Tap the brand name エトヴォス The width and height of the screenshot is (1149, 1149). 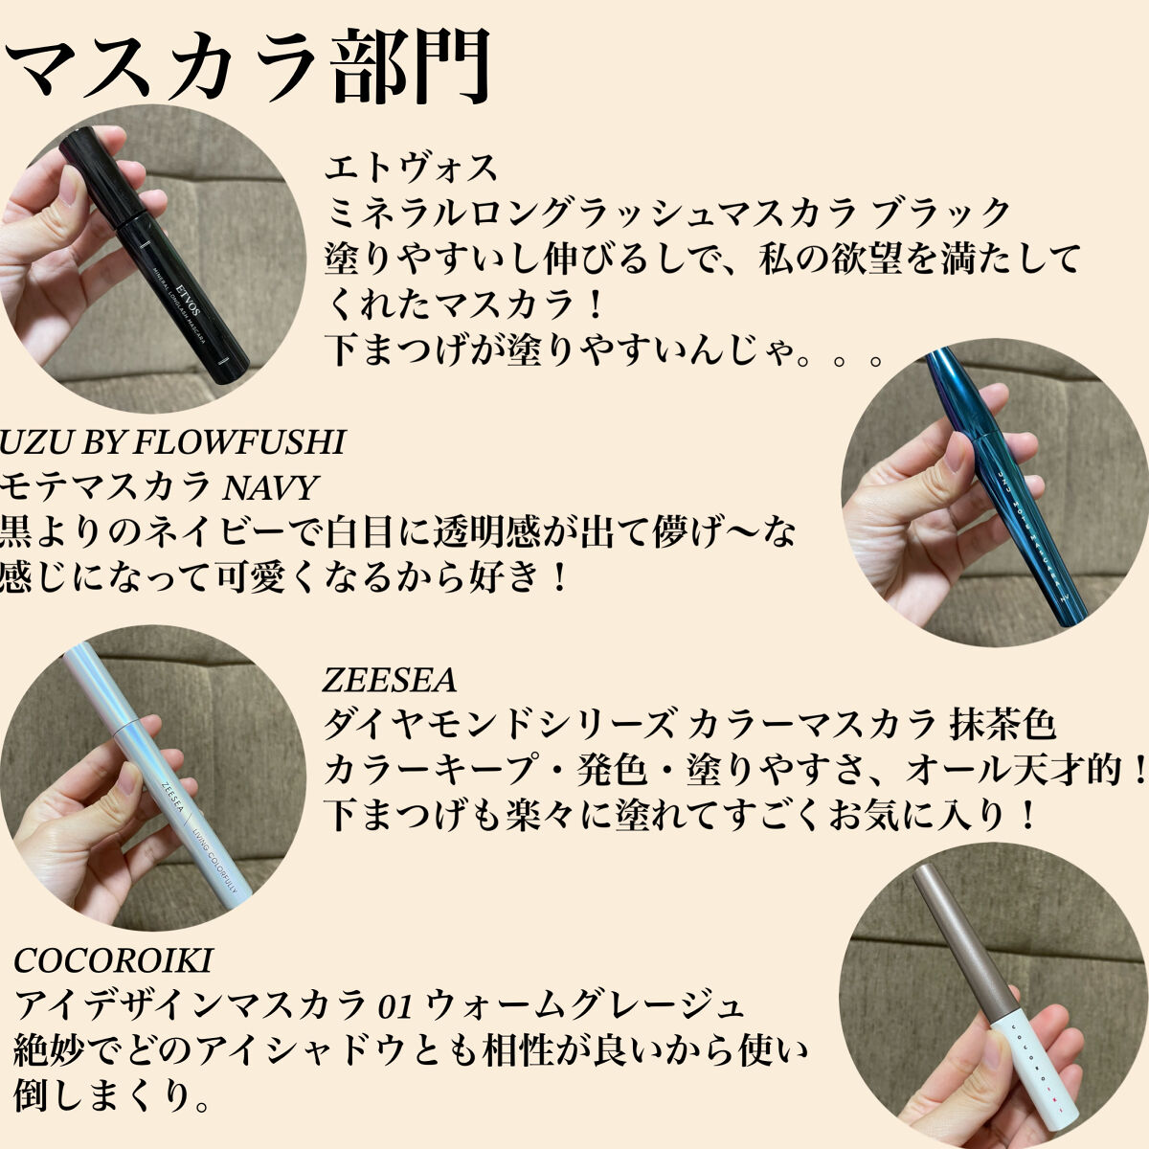[x=411, y=168]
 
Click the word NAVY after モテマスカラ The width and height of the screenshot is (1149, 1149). [x=270, y=487]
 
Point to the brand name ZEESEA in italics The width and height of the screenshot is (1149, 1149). [x=390, y=681]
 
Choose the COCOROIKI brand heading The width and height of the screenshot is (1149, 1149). [x=113, y=960]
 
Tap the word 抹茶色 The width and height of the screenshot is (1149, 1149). [x=1003, y=726]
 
